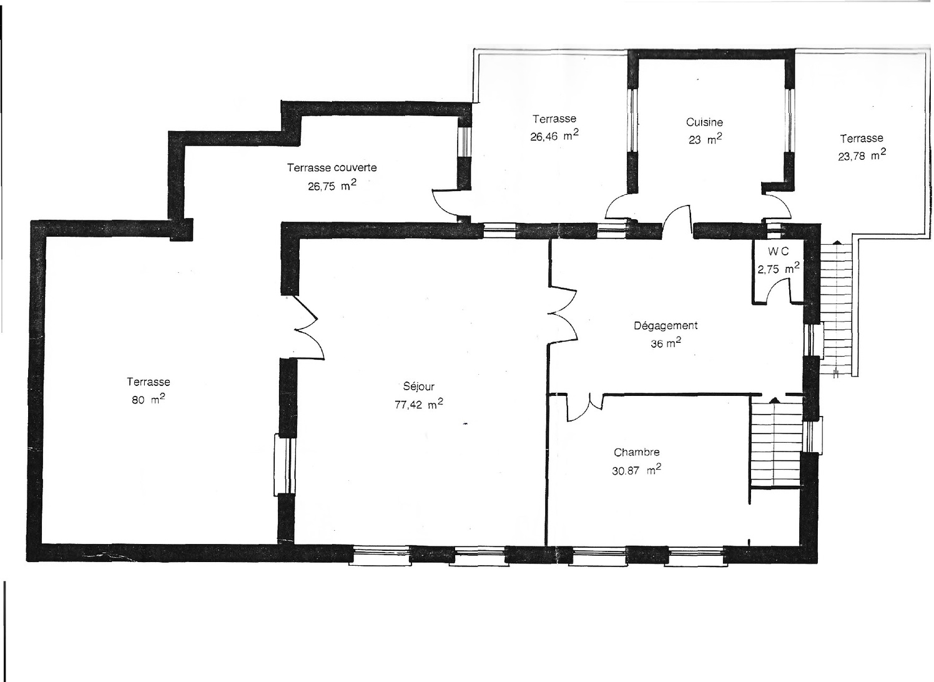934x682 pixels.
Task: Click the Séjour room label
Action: (418, 387)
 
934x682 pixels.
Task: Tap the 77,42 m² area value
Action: (418, 404)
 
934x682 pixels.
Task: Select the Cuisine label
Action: (704, 122)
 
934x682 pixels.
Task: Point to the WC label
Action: (778, 251)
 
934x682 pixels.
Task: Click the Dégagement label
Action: (666, 325)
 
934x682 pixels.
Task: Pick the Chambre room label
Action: (636, 452)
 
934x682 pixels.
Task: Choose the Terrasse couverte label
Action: (332, 167)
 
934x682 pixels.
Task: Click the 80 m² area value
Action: (148, 400)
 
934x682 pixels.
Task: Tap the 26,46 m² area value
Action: (554, 136)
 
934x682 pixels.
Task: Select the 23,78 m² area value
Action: (862, 156)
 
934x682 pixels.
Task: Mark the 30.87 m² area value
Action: (636, 470)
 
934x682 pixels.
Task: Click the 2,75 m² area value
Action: (778, 269)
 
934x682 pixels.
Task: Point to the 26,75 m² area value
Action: (332, 185)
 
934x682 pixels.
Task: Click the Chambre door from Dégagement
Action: (584, 407)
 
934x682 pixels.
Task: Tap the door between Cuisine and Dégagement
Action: (677, 220)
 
